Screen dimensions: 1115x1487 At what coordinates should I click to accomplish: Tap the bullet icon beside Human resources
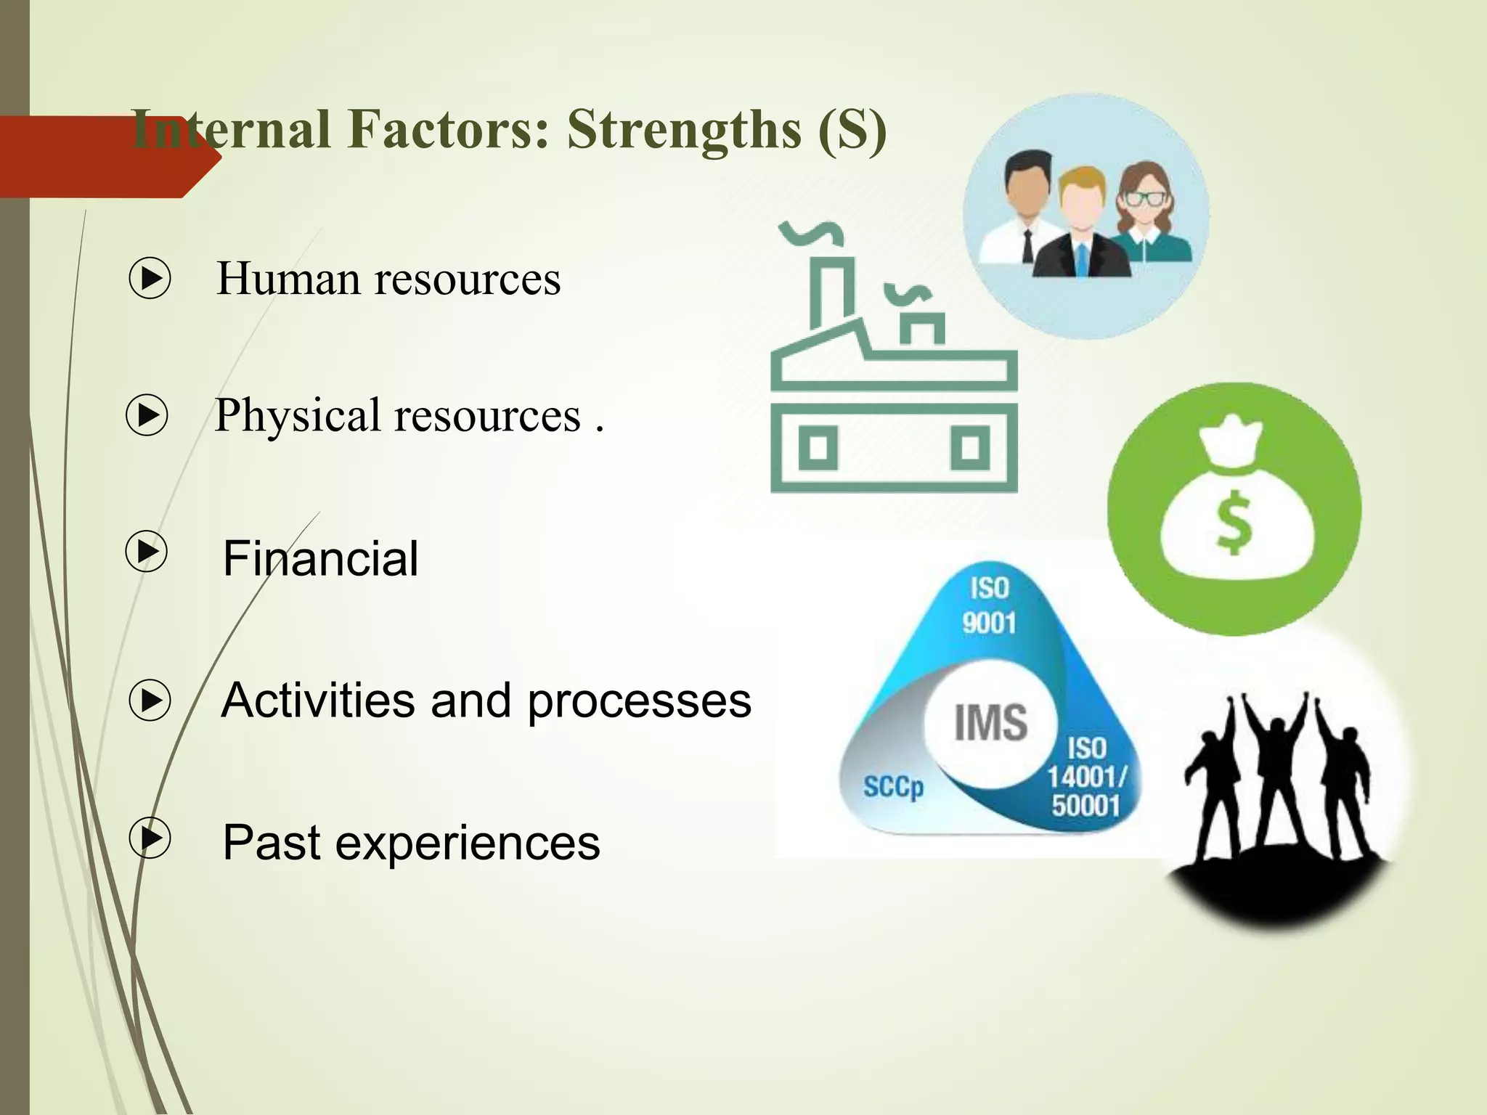[150, 278]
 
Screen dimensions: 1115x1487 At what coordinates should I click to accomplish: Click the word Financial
[320, 558]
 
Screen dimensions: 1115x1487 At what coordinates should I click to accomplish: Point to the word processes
[639, 701]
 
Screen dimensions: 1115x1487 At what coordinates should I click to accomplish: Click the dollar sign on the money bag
[1234, 521]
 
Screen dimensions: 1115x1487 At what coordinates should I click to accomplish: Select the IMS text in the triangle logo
[990, 723]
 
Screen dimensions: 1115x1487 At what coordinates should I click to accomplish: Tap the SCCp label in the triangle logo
[893, 787]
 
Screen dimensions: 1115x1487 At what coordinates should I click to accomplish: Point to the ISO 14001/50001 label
[1086, 777]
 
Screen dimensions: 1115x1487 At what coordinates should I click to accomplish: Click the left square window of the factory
[818, 448]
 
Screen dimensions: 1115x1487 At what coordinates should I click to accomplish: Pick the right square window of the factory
[970, 448]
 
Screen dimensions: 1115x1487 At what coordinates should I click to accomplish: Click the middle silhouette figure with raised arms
[1274, 777]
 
